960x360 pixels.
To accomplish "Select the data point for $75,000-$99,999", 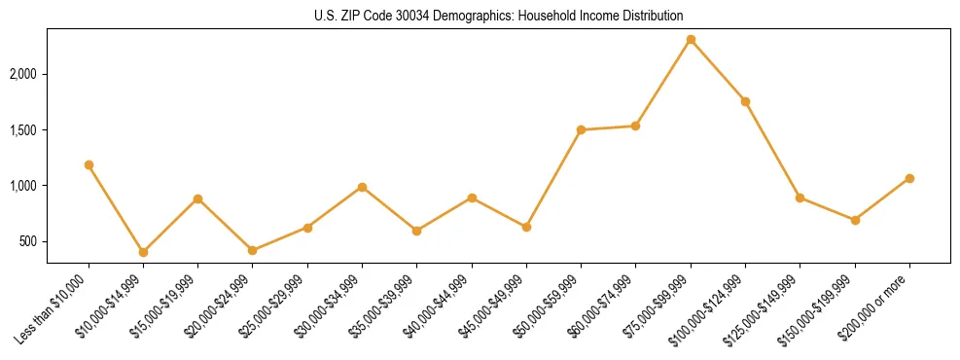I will (x=691, y=40).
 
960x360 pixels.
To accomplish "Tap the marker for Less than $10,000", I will (x=89, y=165).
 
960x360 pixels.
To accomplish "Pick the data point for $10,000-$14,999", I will (x=143, y=252).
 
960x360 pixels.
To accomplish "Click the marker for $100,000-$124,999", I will (x=745, y=102).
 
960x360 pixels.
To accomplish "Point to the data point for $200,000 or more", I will (x=909, y=178).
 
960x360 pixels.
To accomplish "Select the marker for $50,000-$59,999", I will (x=581, y=129).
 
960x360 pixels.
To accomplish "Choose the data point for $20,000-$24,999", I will (x=253, y=250).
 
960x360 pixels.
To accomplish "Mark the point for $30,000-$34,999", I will (x=362, y=187).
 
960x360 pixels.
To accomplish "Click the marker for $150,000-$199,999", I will (x=855, y=220).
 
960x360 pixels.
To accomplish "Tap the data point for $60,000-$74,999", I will (x=635, y=126).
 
